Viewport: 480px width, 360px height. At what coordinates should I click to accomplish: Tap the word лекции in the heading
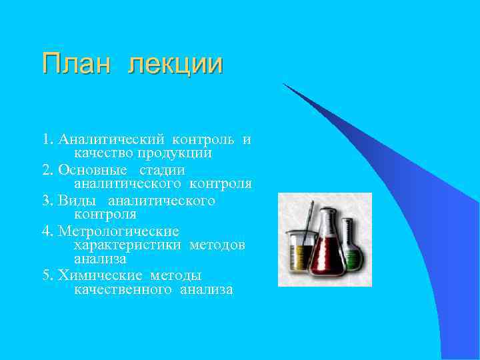176,65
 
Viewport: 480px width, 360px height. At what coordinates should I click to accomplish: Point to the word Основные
93,171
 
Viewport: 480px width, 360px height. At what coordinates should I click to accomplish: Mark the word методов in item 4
217,245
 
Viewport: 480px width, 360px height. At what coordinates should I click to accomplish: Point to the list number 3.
46,201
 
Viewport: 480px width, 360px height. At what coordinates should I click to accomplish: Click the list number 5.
46,275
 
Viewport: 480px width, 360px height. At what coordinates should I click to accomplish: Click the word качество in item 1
101,153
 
